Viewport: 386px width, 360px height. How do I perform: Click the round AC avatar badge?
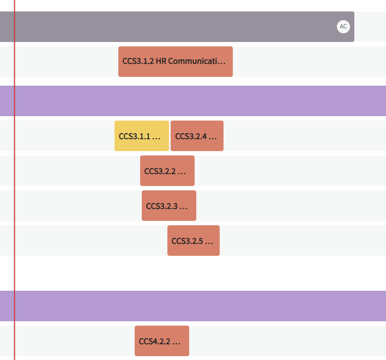[343, 27]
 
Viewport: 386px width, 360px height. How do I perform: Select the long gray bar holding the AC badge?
[177, 27]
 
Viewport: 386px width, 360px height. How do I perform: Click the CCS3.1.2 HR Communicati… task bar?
[176, 62]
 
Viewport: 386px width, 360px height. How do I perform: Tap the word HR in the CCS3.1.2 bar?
[161, 61]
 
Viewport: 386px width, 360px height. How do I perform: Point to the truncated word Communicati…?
[197, 61]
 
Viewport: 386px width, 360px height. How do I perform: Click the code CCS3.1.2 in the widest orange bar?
[138, 61]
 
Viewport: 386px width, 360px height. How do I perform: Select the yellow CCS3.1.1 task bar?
[142, 136]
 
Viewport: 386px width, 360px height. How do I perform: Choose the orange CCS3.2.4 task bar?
[197, 136]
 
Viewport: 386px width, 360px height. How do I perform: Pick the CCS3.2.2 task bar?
[167, 171]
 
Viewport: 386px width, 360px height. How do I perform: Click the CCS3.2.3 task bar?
[169, 206]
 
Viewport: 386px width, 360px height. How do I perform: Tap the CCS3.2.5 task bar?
[194, 241]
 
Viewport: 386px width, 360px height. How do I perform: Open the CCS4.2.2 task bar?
[162, 341]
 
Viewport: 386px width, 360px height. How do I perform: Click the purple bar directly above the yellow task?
[193, 101]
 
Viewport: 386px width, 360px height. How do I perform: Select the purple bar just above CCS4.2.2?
[193, 306]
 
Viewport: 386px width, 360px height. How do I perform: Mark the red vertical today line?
[15, 180]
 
